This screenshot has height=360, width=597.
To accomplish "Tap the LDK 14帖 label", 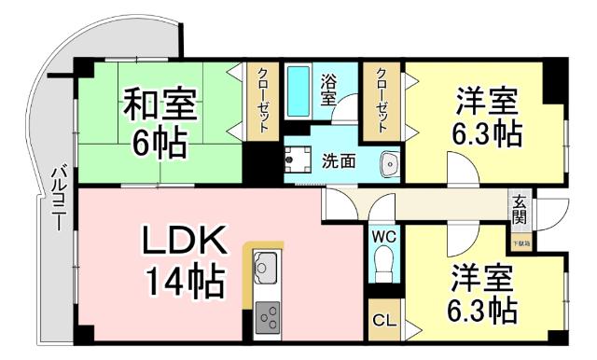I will click(184, 260).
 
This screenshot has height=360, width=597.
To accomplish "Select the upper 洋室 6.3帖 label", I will click(486, 116).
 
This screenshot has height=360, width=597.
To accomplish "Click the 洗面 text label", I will click(338, 160).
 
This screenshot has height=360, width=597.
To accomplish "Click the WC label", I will click(383, 237).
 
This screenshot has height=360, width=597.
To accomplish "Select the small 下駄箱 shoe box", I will click(520, 244).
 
